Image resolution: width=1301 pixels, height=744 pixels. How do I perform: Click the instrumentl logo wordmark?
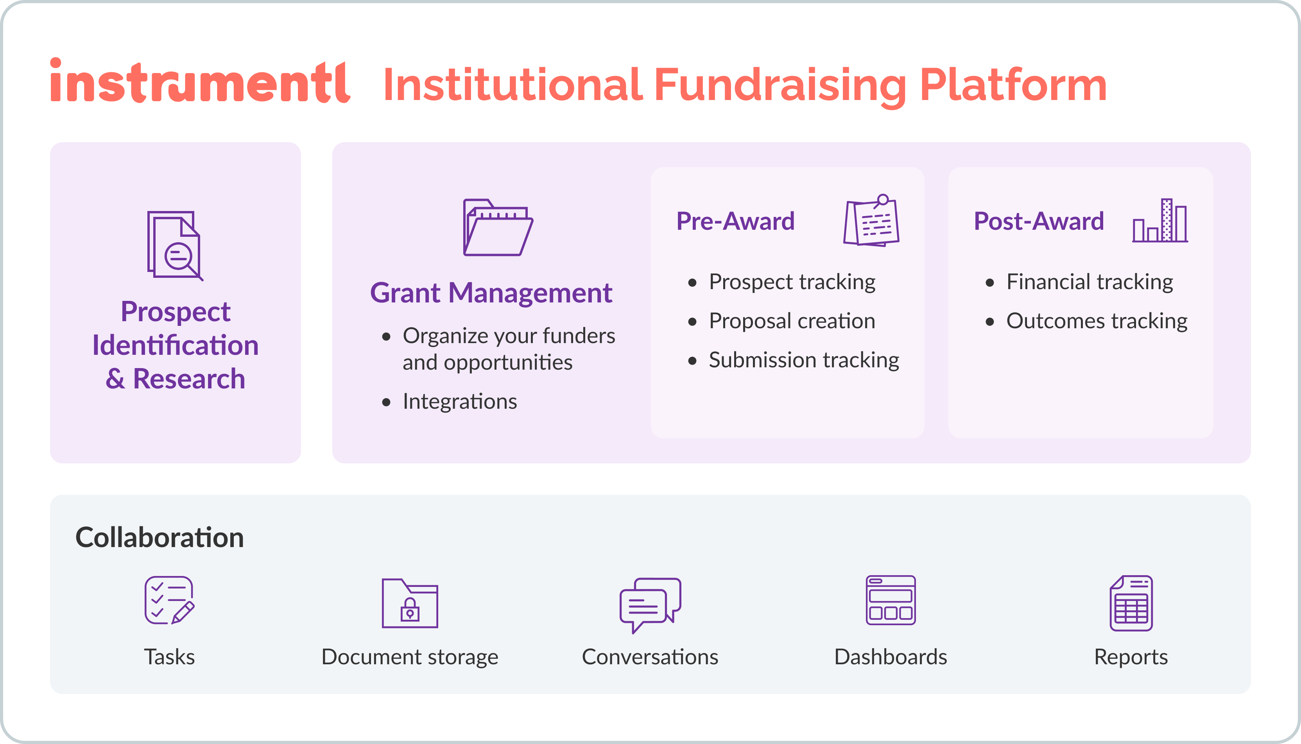point(200,82)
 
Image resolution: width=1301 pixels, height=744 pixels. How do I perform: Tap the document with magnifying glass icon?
point(175,245)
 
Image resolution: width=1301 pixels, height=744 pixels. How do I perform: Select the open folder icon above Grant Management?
point(497,227)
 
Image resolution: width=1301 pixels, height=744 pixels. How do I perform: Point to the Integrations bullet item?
point(460,402)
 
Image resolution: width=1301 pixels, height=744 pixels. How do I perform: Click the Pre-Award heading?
point(735,221)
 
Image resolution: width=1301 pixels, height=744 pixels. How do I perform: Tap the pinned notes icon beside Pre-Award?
point(872,220)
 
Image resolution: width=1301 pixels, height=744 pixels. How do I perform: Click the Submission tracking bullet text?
point(804,360)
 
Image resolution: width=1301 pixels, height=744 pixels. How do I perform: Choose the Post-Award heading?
point(1038,221)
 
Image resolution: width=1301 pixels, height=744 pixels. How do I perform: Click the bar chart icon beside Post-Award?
point(1159,221)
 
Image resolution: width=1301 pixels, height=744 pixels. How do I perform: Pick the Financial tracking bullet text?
point(1090,282)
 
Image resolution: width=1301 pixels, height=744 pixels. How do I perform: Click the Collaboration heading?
point(159,538)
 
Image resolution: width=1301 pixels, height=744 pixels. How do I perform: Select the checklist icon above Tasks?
point(169,601)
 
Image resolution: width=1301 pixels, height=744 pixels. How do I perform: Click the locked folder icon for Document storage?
point(410,603)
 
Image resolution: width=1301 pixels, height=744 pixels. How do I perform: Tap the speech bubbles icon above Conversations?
point(650,604)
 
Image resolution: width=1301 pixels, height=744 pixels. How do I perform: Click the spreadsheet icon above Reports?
point(1131,603)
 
